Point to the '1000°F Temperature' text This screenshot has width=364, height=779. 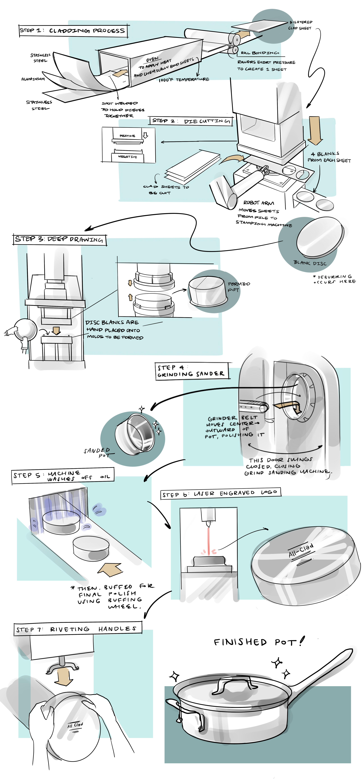[184, 80]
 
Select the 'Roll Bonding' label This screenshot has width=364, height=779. [260, 53]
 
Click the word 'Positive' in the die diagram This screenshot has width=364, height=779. [127, 136]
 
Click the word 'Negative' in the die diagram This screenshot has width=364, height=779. [127, 157]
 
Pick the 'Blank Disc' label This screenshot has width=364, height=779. [310, 263]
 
